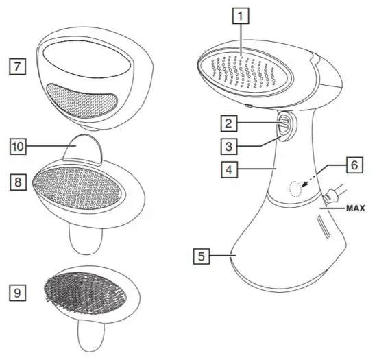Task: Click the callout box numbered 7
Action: pyautogui.click(x=17, y=67)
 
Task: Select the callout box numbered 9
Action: pyautogui.click(x=17, y=293)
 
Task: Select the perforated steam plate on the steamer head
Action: pyautogui.click(x=247, y=67)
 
